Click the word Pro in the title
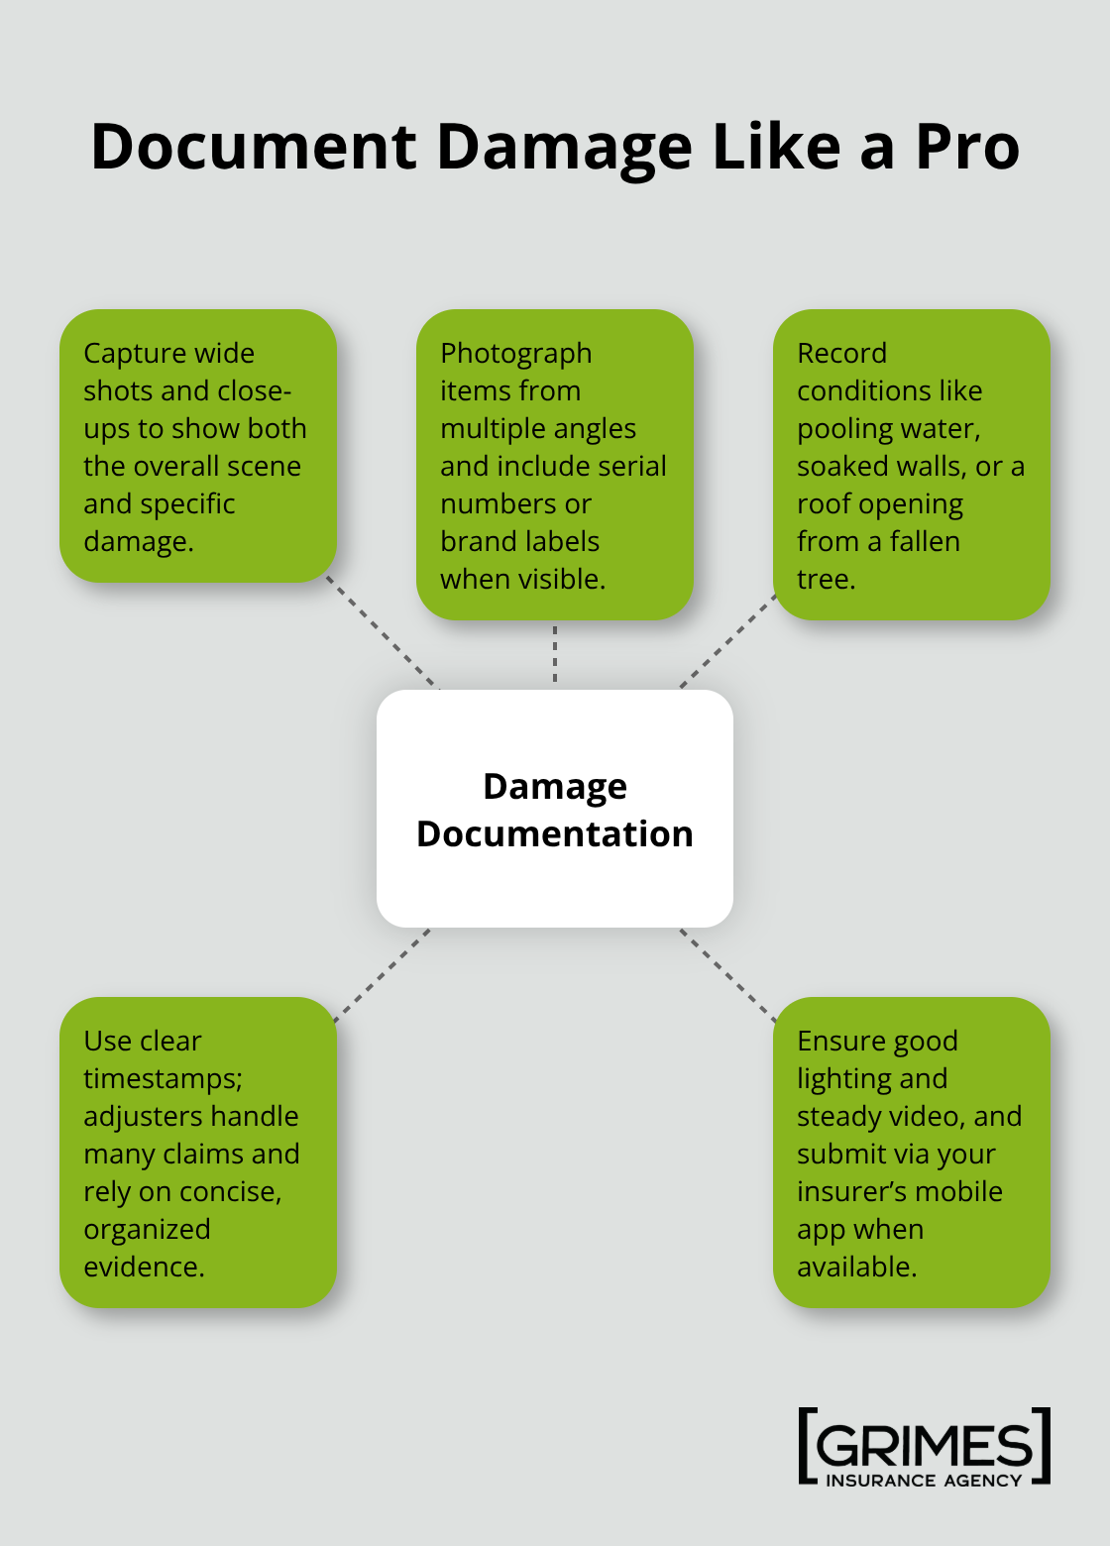[x=966, y=148]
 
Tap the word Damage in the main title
[x=564, y=148]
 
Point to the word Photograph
[x=515, y=354]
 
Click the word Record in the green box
[x=841, y=354]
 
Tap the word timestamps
[x=162, y=1079]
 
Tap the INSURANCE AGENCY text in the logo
[x=924, y=1481]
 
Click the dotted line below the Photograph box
[x=555, y=654]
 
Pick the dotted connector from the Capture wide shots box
[x=383, y=634]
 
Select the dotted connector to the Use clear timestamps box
[x=383, y=973]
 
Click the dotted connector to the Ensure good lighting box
[x=727, y=973]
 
